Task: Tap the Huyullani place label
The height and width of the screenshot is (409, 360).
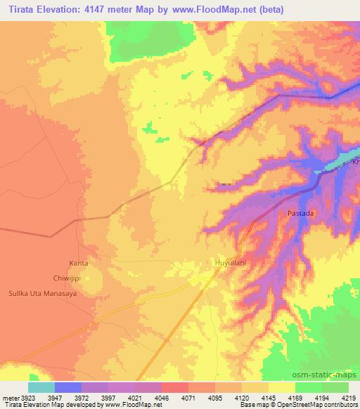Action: (x=229, y=264)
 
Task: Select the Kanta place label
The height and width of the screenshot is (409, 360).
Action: (x=79, y=263)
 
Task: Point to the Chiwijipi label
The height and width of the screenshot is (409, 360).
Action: (x=78, y=278)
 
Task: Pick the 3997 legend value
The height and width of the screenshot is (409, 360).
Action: (x=108, y=396)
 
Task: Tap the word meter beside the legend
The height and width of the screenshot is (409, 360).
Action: (x=10, y=396)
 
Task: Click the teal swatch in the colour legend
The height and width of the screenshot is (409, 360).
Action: (x=41, y=387)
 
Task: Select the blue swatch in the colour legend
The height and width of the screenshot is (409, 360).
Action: (x=68, y=387)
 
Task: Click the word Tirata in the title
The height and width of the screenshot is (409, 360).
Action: (x=26, y=9)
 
